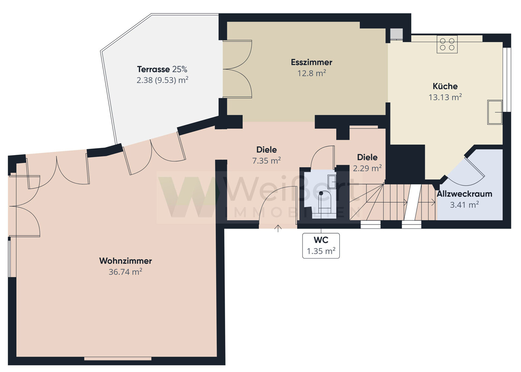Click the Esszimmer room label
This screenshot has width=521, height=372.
click(311, 62)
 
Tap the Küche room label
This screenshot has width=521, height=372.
click(445, 86)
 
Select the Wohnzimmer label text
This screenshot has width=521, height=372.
click(125, 261)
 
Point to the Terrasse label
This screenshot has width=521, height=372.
click(153, 69)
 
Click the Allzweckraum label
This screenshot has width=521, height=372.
click(464, 194)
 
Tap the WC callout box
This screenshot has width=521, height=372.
click(321, 246)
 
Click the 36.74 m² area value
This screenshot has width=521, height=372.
click(125, 272)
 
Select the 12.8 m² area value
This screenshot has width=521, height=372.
click(312, 73)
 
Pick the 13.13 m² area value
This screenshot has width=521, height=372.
click(445, 97)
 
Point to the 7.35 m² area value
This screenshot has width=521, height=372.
click(266, 161)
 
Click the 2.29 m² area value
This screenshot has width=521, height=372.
click(367, 168)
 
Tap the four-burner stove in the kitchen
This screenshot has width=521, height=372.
click(447, 44)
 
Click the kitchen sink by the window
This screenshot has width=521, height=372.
click(495, 112)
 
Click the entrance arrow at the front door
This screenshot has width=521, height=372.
click(278, 228)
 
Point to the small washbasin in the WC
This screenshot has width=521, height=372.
click(332, 182)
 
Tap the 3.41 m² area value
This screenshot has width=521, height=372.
click(464, 205)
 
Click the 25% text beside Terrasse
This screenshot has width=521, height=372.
click(179, 69)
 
